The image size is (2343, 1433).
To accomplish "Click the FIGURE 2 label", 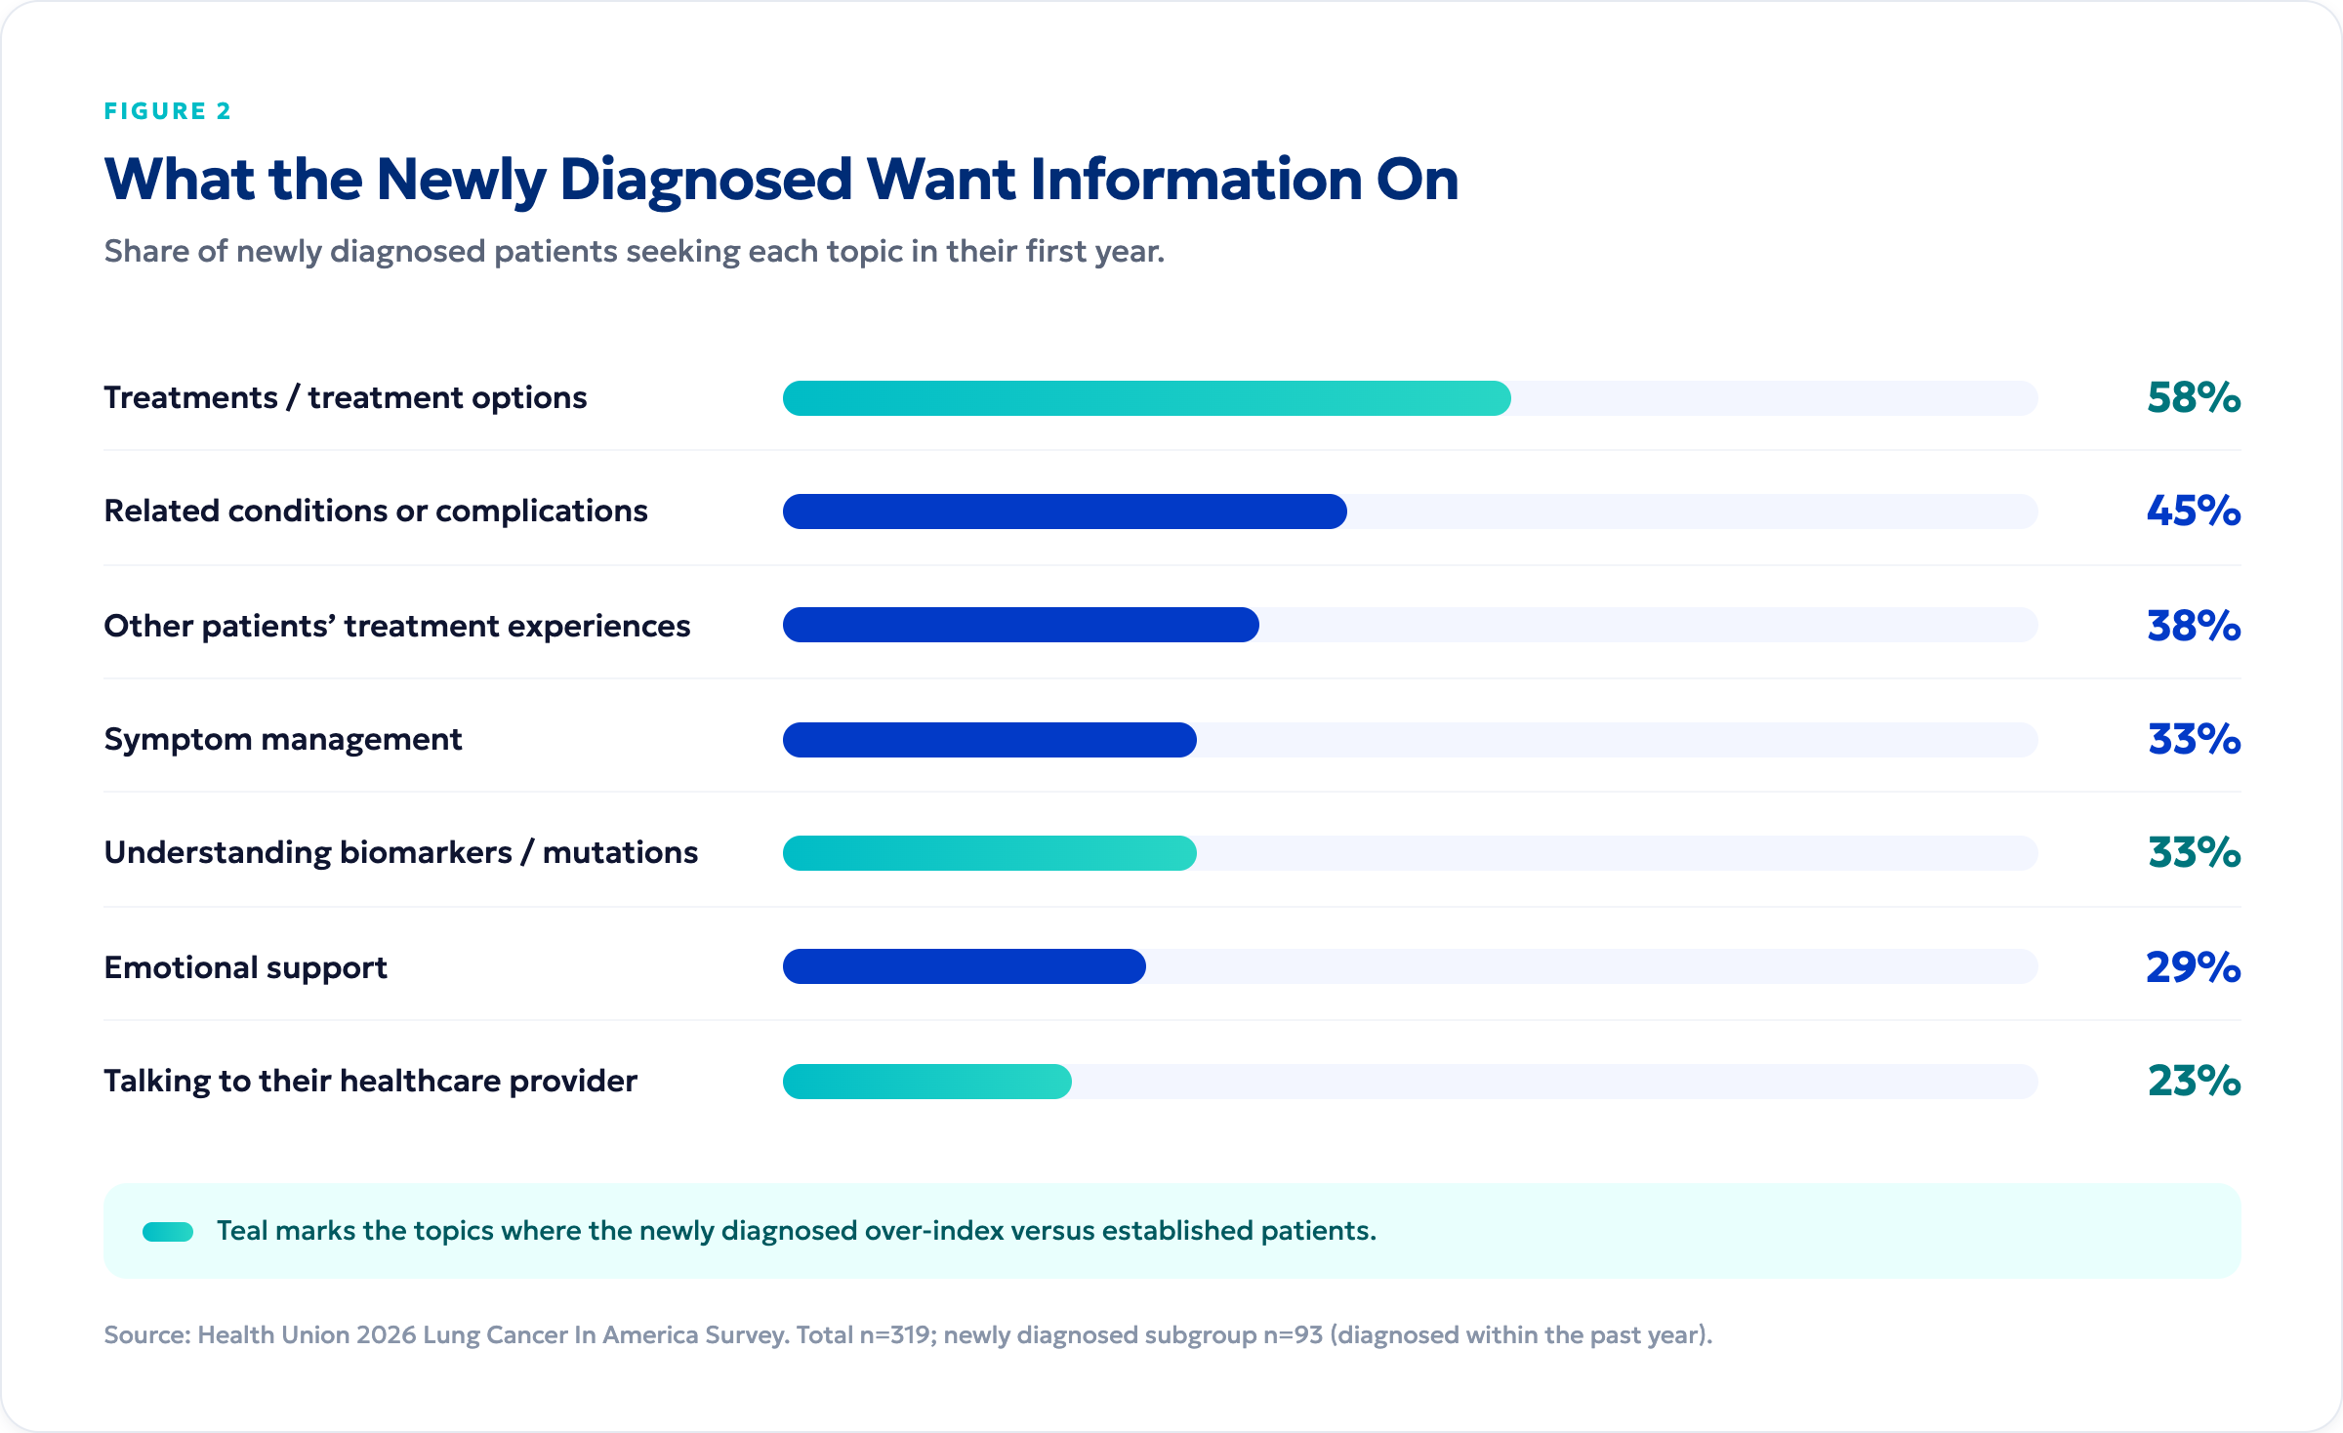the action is tap(168, 111).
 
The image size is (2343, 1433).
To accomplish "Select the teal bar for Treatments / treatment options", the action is tap(1147, 398).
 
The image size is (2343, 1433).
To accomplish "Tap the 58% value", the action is tap(2194, 398).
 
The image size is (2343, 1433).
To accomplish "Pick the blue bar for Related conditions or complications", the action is tap(1065, 512).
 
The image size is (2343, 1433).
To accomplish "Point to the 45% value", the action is tap(2194, 512).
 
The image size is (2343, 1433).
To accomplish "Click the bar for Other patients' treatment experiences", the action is tap(1021, 625).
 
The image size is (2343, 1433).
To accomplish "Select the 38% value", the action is tap(2194, 626).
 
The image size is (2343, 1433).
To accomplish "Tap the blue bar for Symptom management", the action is tap(990, 740).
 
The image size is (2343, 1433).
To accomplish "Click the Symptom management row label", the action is tap(283, 740).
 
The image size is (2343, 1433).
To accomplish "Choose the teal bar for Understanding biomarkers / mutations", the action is tap(990, 853).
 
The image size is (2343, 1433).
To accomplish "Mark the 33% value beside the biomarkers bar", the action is tap(2194, 853).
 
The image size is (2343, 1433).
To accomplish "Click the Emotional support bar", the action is tap(965, 966).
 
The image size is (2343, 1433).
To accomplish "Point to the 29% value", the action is tap(2194, 967).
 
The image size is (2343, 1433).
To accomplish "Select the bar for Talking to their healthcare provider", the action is tap(927, 1082).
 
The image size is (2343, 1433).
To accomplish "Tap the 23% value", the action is tap(2194, 1082).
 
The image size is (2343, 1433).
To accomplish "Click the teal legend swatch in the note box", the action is tap(168, 1232).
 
